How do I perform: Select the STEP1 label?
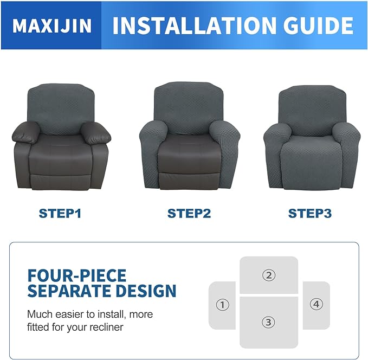pos(60,213)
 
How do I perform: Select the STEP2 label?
pos(189,213)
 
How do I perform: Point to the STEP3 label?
pos(309,213)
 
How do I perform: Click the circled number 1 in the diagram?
pos(222,305)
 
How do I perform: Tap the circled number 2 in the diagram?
pos(268,275)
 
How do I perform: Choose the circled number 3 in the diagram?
pos(268,322)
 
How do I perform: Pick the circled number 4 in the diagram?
pos(316,304)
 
